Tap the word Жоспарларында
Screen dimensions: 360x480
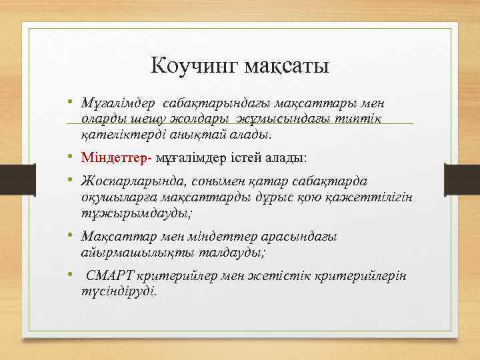[x=132, y=182]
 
